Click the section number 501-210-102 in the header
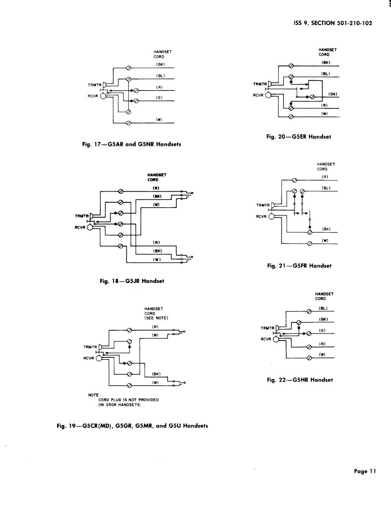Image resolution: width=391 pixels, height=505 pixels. point(354,23)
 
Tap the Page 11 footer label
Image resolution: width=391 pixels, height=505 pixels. point(365,471)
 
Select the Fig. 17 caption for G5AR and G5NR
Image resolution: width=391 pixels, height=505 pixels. point(131,144)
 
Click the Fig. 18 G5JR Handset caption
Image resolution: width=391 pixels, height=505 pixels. point(132,281)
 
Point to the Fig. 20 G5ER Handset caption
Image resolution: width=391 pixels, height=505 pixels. point(299,137)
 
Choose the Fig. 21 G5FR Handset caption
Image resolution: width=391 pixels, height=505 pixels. point(299,266)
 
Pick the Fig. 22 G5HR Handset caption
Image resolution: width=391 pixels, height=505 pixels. point(300,380)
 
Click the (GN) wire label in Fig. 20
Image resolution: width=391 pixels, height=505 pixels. point(333,94)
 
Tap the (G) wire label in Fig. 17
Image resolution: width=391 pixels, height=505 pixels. point(159,97)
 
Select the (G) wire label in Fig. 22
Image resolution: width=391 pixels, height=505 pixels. point(322,330)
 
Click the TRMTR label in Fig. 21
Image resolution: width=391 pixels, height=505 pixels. point(263,205)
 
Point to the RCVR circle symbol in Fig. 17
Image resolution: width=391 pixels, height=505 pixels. point(103,96)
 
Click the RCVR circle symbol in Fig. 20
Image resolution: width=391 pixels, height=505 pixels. point(268,95)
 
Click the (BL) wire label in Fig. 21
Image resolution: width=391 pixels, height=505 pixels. point(326,188)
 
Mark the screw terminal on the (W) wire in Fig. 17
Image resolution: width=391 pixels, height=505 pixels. point(128,123)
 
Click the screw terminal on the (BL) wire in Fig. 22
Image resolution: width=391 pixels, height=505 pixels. point(309,311)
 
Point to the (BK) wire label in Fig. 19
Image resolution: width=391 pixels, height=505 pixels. point(156,374)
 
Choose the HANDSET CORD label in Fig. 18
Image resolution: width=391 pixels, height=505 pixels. point(157,177)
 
